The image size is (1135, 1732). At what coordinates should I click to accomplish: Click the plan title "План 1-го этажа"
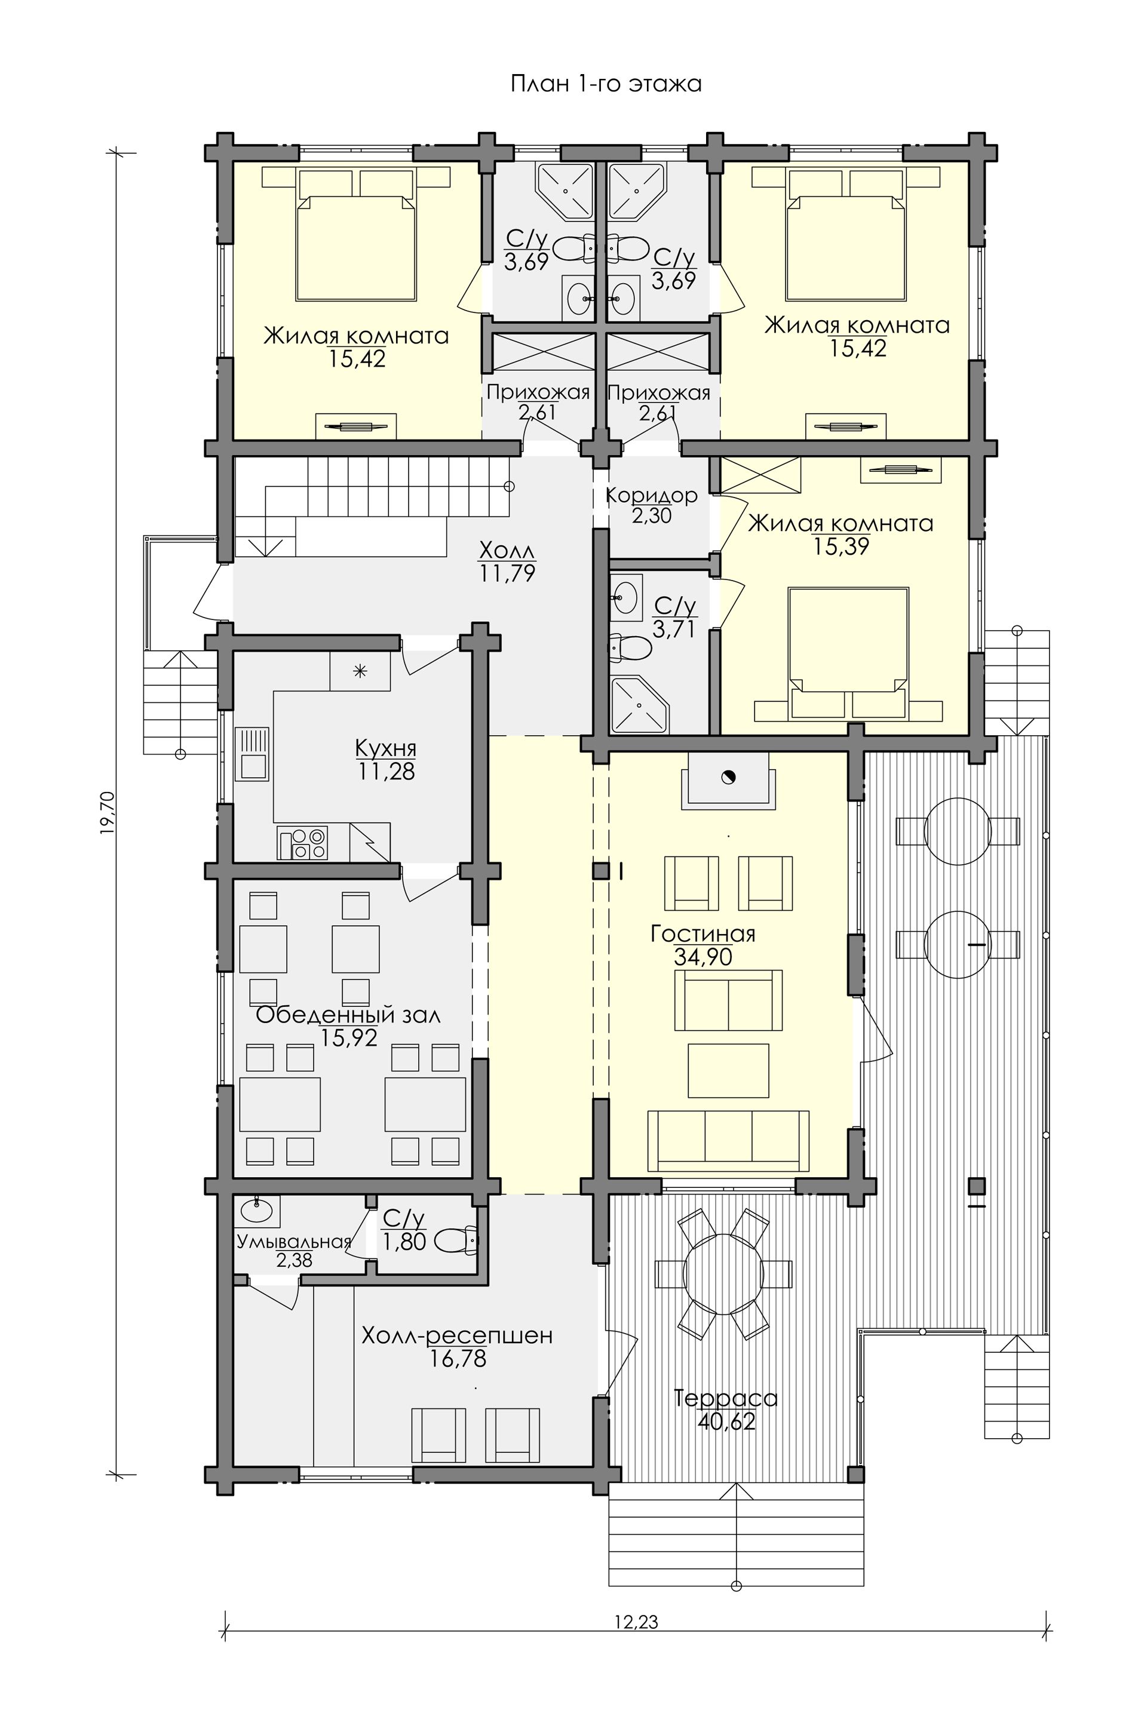(x=605, y=84)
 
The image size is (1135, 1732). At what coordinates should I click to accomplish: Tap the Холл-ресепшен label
(x=457, y=1336)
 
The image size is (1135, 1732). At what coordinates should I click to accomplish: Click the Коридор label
(x=652, y=496)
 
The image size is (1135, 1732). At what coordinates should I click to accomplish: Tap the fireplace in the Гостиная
(x=726, y=779)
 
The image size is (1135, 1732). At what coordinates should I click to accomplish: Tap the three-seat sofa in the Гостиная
(x=728, y=1140)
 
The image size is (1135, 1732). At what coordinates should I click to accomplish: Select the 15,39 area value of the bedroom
(x=841, y=546)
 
